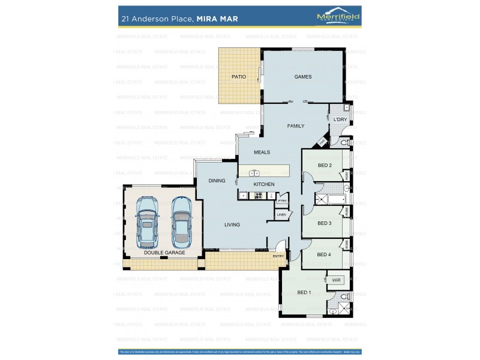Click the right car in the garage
tap(182, 221)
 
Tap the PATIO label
tap(239, 77)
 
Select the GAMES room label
tap(302, 77)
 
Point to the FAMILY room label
tap(295, 126)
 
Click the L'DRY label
tap(340, 120)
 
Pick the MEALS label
tap(262, 152)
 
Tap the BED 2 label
tap(325, 165)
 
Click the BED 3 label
tap(325, 223)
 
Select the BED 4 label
tap(324, 254)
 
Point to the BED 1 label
tap(304, 292)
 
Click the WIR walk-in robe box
tap(336, 280)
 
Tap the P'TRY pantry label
tap(282, 201)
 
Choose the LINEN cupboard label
tap(281, 214)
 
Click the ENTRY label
tap(278, 256)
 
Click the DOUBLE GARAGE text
tap(164, 253)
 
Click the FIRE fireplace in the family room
tap(322, 142)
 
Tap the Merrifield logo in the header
tap(338, 18)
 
